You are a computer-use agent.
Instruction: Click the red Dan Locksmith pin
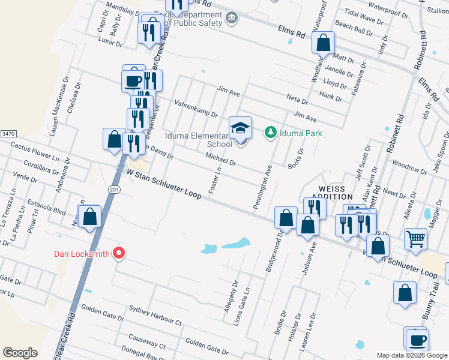118,253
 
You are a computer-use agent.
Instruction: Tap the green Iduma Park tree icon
271,131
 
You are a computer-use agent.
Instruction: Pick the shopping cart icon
415,239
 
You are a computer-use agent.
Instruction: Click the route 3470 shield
8,133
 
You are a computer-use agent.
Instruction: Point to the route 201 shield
113,189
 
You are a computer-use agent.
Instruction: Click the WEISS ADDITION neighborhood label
333,192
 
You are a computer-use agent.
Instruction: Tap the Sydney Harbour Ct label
155,317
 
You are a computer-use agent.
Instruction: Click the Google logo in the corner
20,353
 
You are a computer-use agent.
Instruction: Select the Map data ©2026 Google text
412,355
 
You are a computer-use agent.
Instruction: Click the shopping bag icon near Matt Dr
323,44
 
